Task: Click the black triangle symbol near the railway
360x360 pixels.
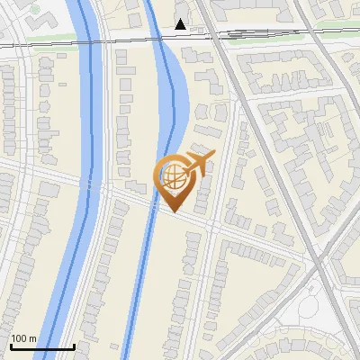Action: [181, 24]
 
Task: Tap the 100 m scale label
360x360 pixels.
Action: [23, 338]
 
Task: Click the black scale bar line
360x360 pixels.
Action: [41, 347]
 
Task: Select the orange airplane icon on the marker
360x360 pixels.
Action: [201, 165]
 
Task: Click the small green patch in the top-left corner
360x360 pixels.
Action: [34, 10]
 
